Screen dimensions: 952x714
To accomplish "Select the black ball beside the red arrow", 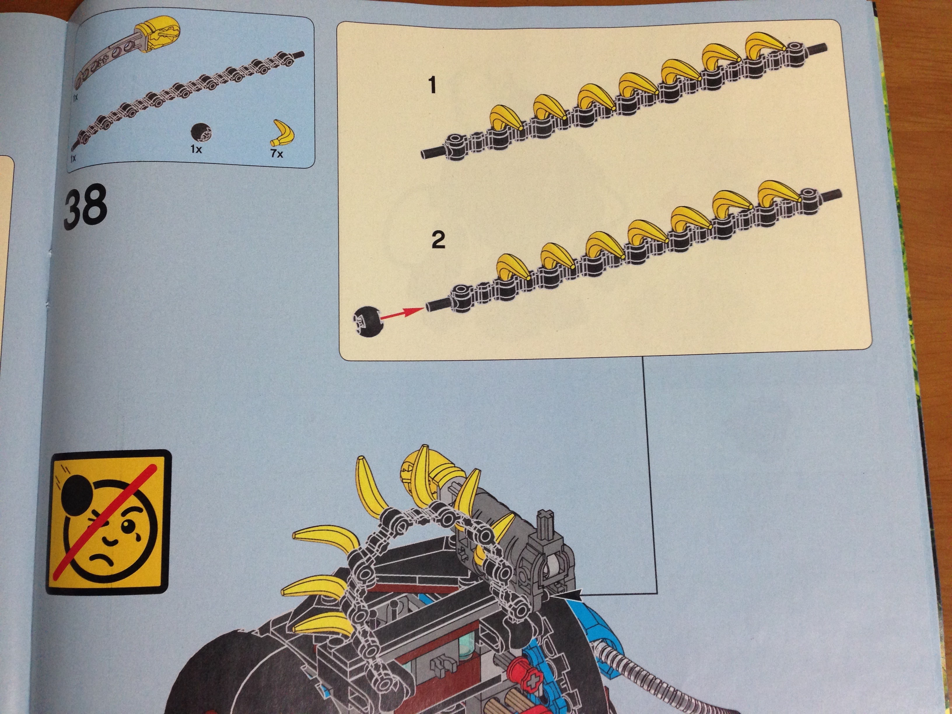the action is coord(367,321).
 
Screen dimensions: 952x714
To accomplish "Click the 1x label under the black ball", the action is coord(196,149).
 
